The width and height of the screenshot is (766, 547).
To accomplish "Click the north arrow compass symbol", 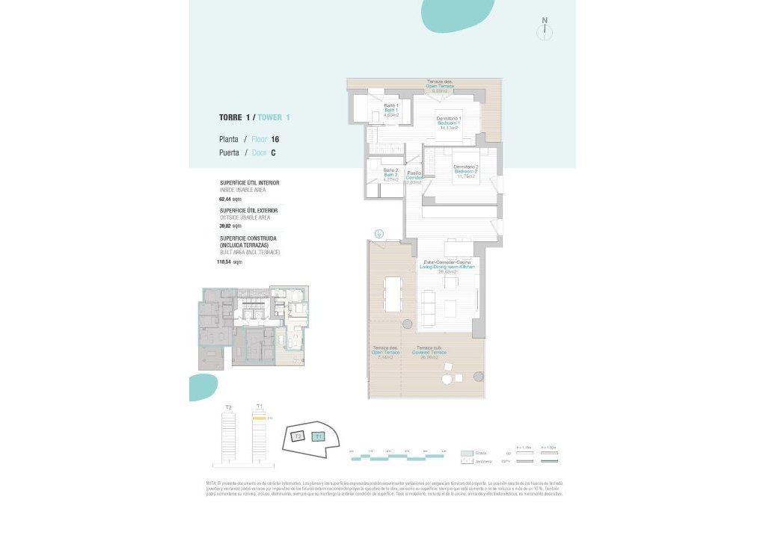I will (545, 30).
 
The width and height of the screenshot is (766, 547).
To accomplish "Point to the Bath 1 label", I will (391, 111).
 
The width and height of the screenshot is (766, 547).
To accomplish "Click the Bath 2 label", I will (390, 175).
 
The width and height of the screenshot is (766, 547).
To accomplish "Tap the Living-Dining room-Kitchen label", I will (449, 267).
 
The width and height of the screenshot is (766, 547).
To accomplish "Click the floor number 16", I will (275, 140).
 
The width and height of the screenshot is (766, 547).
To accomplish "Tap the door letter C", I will (273, 153).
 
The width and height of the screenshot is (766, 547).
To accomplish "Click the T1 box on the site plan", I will (318, 436).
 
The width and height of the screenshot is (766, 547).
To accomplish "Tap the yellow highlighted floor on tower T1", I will (259, 418).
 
